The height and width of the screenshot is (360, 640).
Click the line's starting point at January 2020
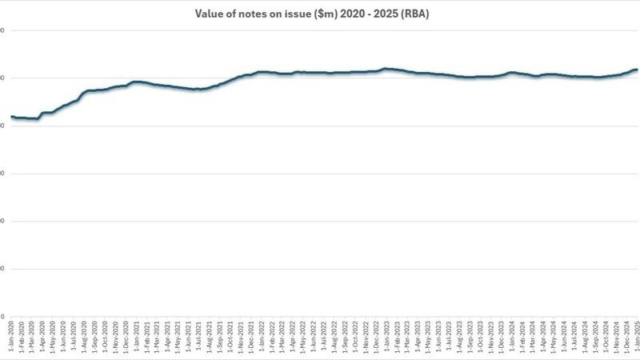coord(11,117)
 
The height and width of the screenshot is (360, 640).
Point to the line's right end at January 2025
coord(636,70)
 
